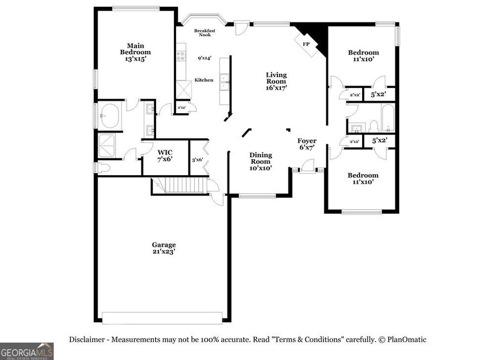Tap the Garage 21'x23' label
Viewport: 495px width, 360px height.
tap(164, 248)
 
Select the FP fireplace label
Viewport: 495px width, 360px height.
tap(306, 44)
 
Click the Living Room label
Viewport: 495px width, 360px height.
tap(276, 81)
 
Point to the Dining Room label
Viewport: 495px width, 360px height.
tap(261, 162)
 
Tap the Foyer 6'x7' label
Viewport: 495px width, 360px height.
tap(306, 144)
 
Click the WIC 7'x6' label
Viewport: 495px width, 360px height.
tap(164, 155)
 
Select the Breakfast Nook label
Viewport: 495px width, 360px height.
tap(204, 33)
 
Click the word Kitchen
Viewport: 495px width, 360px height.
tap(204, 80)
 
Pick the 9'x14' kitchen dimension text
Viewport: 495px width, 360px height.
tap(204, 58)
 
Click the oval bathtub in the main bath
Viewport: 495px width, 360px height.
tap(110, 116)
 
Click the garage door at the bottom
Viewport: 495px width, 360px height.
tap(162, 317)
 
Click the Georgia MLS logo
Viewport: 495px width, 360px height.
tap(27, 351)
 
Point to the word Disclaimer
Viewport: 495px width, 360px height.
tap(87, 340)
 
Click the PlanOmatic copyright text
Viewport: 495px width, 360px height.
tap(402, 340)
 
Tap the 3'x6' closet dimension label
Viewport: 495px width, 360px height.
tap(197, 160)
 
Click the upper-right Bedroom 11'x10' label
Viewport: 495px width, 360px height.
tap(364, 56)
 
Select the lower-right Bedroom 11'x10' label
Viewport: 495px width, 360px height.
tap(363, 179)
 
